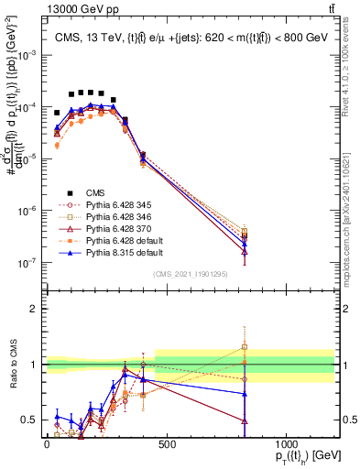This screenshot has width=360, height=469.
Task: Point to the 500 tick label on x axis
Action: click(167, 444)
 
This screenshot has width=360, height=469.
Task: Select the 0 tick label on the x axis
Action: click(47, 444)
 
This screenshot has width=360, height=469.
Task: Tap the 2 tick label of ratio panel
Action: click(33, 309)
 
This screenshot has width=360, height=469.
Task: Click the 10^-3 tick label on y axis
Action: click(27, 55)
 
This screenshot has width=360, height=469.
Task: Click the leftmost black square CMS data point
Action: click(57, 113)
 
